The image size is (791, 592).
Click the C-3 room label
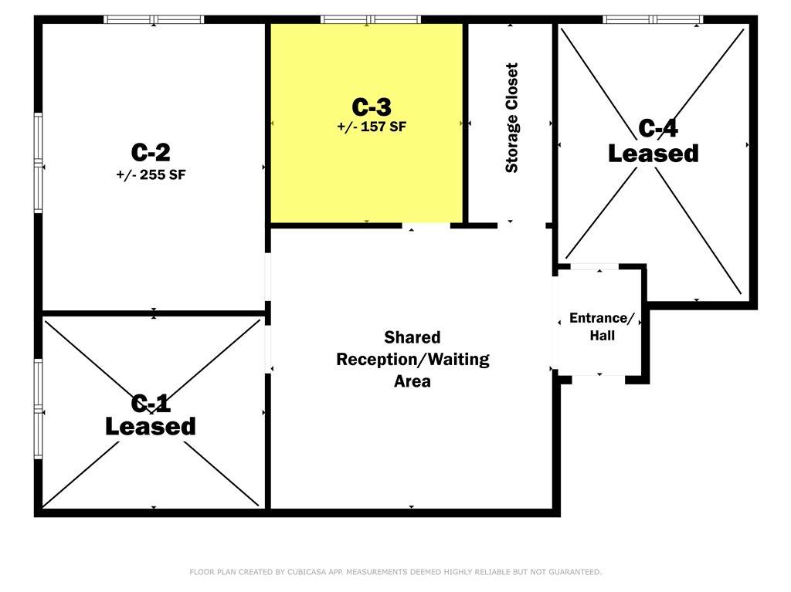point(372,107)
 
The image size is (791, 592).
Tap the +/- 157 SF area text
point(372,127)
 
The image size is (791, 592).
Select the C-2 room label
point(151,152)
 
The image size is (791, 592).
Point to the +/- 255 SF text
point(151,175)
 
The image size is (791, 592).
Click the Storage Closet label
point(511,118)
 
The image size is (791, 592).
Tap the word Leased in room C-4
point(654,154)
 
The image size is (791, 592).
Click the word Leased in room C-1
point(151,426)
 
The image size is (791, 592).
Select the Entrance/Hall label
point(602,326)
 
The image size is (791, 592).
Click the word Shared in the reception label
point(412,337)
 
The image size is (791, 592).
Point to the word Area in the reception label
point(412,381)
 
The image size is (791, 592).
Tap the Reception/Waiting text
point(412,359)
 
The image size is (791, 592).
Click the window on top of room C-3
point(371,19)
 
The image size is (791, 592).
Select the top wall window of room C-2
point(154,19)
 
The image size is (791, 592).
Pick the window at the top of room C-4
point(653,19)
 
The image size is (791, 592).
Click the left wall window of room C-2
point(39,163)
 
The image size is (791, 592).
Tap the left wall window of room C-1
point(39,408)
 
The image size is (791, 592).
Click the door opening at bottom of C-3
point(426,226)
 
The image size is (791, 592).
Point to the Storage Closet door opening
point(521,226)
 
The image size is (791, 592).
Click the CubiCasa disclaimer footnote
point(395,572)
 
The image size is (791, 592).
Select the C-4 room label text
point(658,128)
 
